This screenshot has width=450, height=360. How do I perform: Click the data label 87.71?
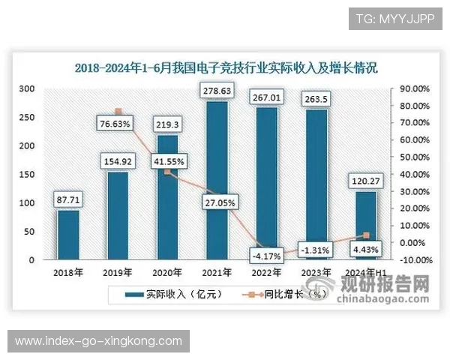tap(68, 200)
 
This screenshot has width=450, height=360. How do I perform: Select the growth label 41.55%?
tap(167, 160)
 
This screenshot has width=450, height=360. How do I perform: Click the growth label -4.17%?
tap(267, 256)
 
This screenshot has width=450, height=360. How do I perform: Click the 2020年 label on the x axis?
tap(167, 272)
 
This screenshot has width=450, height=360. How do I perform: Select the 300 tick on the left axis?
tap(26, 88)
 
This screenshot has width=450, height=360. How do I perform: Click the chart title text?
tap(226, 67)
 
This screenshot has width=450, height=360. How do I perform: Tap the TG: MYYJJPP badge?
tap(395, 17)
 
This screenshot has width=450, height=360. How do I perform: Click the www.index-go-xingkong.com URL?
tap(98, 341)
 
